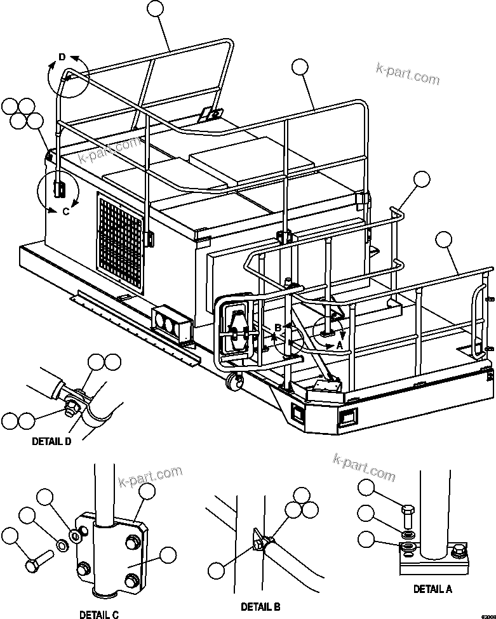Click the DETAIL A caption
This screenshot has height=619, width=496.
click(x=432, y=589)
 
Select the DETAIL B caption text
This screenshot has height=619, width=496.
click(x=260, y=607)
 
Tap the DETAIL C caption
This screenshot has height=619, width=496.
click(x=98, y=614)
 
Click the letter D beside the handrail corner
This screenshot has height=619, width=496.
click(x=62, y=58)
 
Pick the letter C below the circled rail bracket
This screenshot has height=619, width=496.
click(x=65, y=211)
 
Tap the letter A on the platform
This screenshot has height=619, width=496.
click(x=339, y=345)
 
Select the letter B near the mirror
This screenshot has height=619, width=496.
click(x=277, y=328)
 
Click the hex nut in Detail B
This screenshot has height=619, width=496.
click(x=259, y=544)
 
